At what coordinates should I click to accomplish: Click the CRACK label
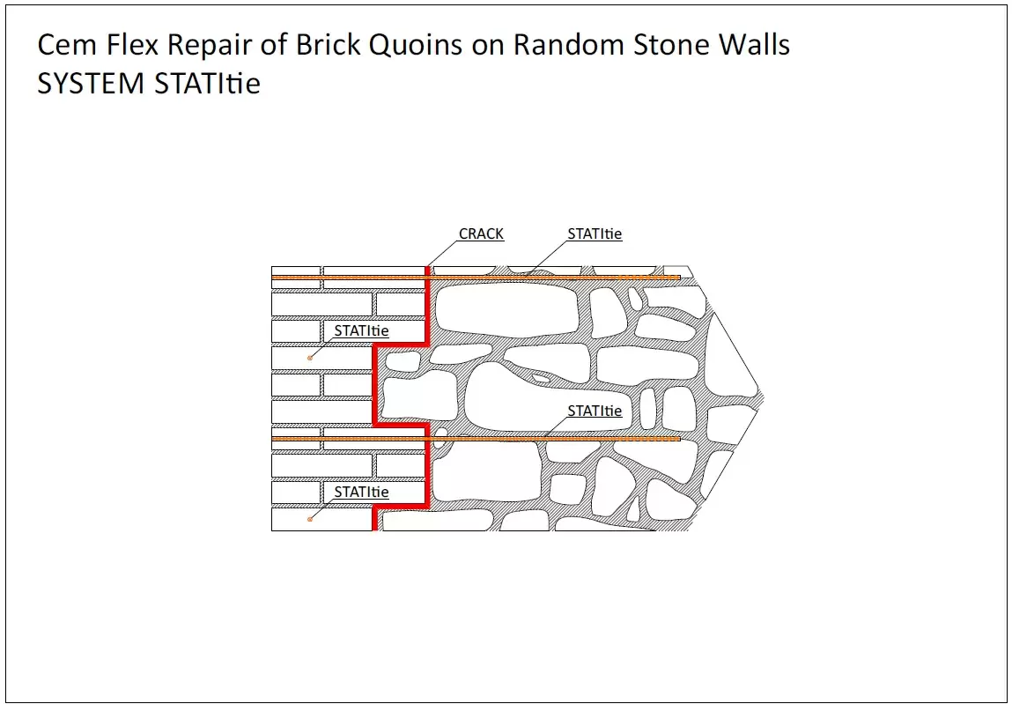[x=481, y=234]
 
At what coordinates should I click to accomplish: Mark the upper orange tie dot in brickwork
[x=310, y=358]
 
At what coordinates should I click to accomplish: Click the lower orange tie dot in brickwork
[x=310, y=519]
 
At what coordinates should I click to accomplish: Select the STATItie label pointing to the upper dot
[x=361, y=331]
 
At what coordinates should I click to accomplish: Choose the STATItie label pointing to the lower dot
[x=361, y=493]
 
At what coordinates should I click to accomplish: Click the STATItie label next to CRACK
[x=595, y=234]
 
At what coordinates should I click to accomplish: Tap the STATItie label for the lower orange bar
[x=595, y=411]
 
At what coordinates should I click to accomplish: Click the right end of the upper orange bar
[x=678, y=278]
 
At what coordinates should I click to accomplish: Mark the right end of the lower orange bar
[x=678, y=438]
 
